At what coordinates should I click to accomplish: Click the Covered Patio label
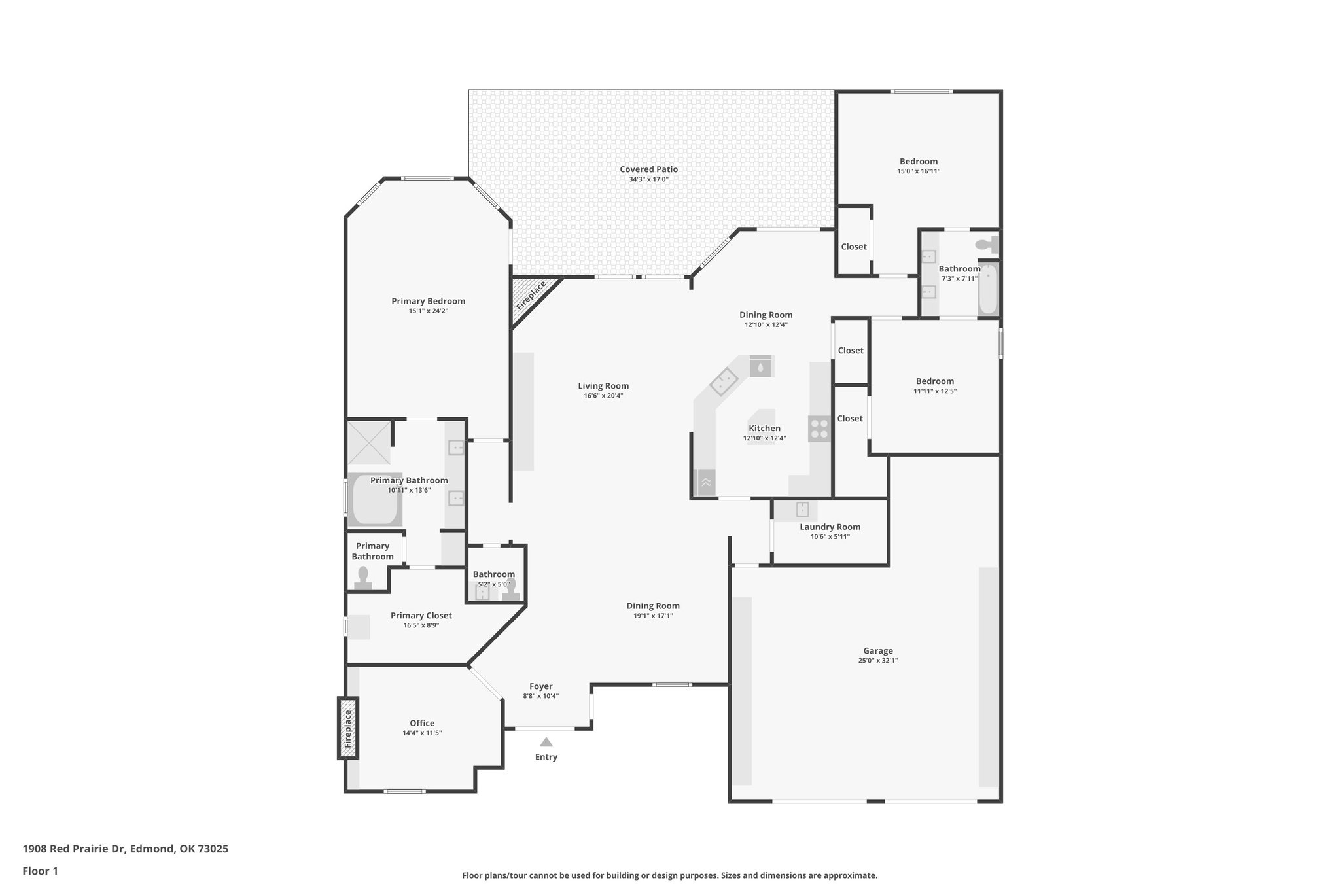point(648,169)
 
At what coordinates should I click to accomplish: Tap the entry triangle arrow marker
point(546,742)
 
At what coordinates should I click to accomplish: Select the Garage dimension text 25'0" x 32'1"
point(877,661)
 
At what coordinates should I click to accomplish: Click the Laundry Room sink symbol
point(802,509)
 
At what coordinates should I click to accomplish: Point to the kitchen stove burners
point(819,429)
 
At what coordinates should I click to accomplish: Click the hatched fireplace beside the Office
point(348,728)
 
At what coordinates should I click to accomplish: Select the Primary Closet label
point(421,616)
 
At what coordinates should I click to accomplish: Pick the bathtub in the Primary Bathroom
point(374,500)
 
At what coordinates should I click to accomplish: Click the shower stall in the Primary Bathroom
point(369,443)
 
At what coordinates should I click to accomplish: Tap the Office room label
point(422,723)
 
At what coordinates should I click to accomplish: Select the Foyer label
point(540,686)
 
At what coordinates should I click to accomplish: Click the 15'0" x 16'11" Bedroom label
point(918,162)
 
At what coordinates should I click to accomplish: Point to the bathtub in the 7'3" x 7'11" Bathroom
point(988,289)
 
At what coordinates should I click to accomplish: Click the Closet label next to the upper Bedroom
point(853,247)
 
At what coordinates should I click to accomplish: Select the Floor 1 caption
point(40,871)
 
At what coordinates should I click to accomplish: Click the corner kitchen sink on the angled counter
point(724,381)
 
